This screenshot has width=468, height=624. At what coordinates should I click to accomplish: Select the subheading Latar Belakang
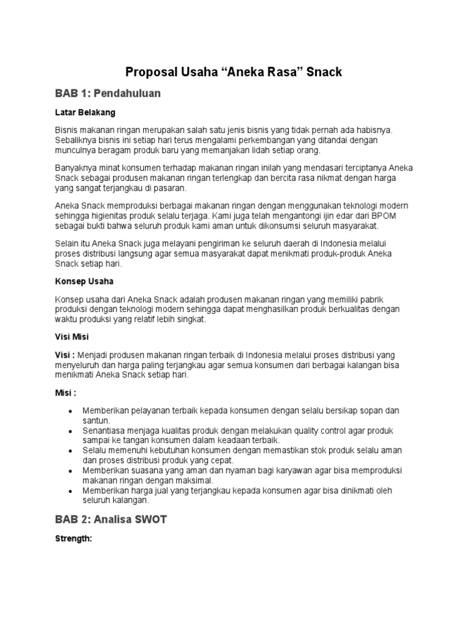pyautogui.click(x=85, y=113)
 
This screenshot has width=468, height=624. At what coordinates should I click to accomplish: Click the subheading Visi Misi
pyautogui.click(x=73, y=337)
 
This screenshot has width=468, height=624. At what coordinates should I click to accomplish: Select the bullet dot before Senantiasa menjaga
pyautogui.click(x=72, y=431)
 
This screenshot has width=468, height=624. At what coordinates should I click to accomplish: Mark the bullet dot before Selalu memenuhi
pyautogui.click(x=72, y=451)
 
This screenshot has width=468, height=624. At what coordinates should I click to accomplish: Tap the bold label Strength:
pyautogui.click(x=73, y=539)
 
